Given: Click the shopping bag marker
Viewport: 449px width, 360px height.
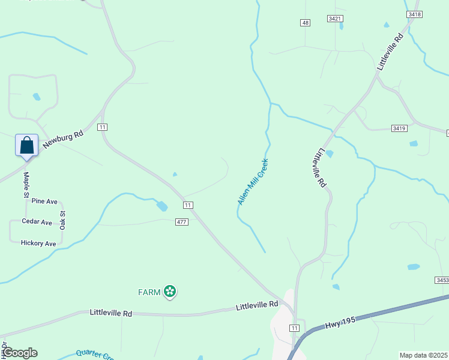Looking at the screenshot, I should pyautogui.click(x=26, y=145).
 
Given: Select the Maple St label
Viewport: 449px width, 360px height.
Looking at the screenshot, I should pyautogui.click(x=26, y=185).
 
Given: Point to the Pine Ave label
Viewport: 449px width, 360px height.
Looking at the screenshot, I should pyautogui.click(x=44, y=201).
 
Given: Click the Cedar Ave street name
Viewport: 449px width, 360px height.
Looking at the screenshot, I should pyautogui.click(x=37, y=222).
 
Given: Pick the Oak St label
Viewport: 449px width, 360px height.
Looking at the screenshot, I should pyautogui.click(x=62, y=220).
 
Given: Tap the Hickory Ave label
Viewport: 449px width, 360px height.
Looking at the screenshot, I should pyautogui.click(x=38, y=244).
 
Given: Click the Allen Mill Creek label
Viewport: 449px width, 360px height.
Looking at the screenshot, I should pyautogui.click(x=253, y=182).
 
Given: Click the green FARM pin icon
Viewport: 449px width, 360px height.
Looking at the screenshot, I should pyautogui.click(x=170, y=292).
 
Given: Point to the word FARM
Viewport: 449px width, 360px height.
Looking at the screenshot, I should pyautogui.click(x=149, y=293).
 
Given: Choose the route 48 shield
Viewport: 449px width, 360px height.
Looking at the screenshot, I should pyautogui.click(x=306, y=23).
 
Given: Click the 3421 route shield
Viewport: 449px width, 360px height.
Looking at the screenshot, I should pyautogui.click(x=335, y=19).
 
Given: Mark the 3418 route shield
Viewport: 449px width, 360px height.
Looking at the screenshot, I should pyautogui.click(x=414, y=14).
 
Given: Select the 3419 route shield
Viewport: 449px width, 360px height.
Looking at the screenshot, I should pyautogui.click(x=399, y=128).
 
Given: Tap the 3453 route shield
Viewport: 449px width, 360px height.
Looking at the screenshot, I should pyautogui.click(x=442, y=280).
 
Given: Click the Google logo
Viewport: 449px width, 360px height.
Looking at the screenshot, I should pyautogui.click(x=20, y=353).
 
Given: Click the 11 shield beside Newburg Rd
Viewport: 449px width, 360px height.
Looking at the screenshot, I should pyautogui.click(x=103, y=127).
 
